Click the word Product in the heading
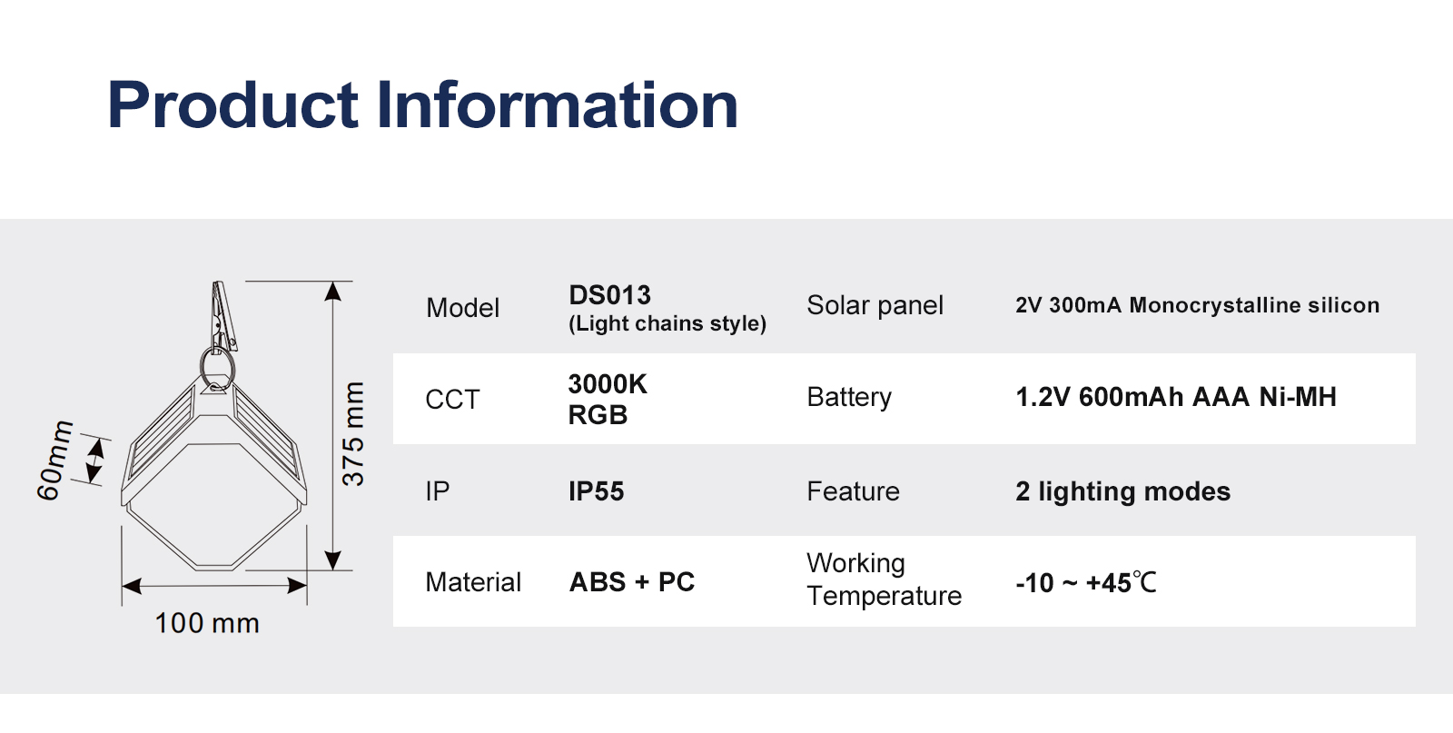click(232, 105)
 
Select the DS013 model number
click(609, 295)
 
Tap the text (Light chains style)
click(667, 323)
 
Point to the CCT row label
click(452, 400)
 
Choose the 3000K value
click(608, 384)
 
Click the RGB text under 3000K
click(598, 415)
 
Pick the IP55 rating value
click(596, 491)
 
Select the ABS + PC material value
click(632, 582)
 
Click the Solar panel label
click(875, 305)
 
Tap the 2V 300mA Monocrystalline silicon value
click(1198, 305)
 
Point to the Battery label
click(849, 397)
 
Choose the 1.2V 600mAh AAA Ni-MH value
click(1176, 397)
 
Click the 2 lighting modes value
click(1122, 491)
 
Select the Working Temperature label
click(885, 579)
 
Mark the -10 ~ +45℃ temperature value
click(1086, 582)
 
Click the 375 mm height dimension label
click(353, 434)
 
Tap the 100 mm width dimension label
click(207, 623)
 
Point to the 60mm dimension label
click(54, 461)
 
